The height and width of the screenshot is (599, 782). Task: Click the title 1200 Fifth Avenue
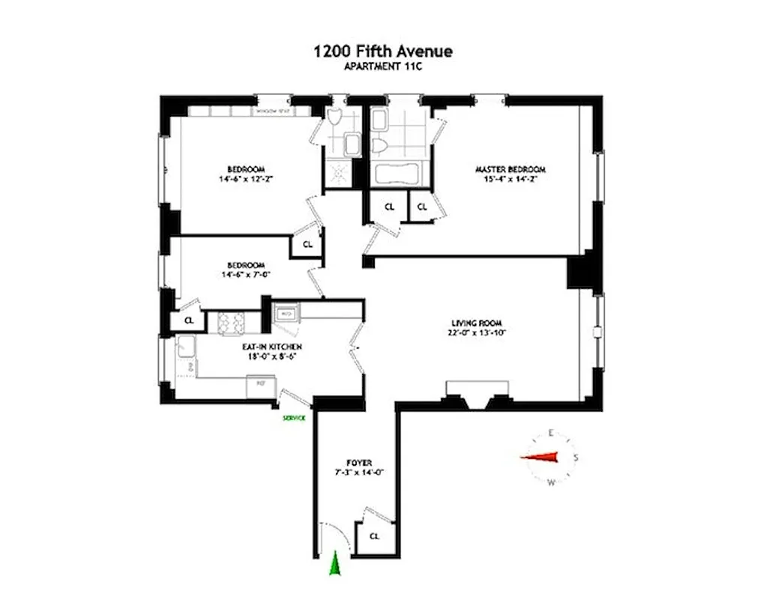tap(382, 52)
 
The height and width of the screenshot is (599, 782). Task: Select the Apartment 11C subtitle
tap(382, 66)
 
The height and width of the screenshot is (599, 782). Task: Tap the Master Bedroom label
tap(510, 169)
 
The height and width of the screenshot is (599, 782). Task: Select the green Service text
tap(294, 418)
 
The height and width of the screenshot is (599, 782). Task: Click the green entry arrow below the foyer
tap(335, 564)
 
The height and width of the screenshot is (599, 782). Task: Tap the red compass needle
tap(541, 458)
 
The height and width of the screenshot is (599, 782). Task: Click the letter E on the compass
tap(551, 433)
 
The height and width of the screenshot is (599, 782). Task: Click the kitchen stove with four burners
tap(232, 323)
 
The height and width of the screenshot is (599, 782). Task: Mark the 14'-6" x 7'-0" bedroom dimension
tap(245, 275)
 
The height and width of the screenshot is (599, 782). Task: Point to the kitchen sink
tap(184, 347)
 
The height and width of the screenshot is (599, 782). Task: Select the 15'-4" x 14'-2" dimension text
tap(510, 179)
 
